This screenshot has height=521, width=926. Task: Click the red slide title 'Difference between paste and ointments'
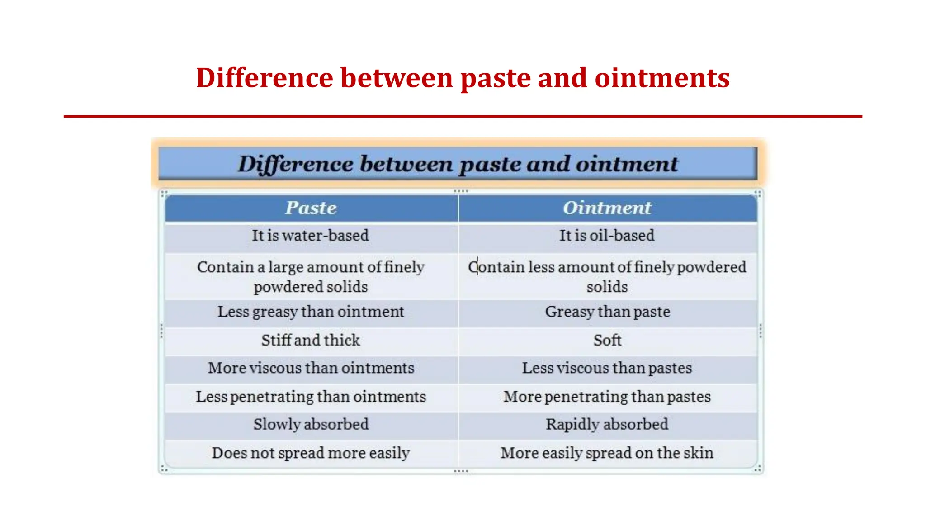click(463, 78)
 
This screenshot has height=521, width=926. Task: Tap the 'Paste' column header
click(311, 208)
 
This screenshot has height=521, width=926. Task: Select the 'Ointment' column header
click(607, 208)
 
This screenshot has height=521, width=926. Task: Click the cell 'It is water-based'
click(311, 236)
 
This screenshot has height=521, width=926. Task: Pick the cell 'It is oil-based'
click(607, 236)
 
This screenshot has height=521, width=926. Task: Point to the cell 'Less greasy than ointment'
click(311, 312)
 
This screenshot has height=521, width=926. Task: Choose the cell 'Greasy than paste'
click(607, 312)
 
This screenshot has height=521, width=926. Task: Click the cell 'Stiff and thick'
click(311, 340)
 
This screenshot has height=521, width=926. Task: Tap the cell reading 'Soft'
click(607, 340)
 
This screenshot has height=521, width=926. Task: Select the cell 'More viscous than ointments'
click(311, 368)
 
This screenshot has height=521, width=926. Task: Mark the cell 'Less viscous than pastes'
click(607, 368)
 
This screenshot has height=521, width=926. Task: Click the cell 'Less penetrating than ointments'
click(311, 397)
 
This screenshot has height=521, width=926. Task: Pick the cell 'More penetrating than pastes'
click(607, 397)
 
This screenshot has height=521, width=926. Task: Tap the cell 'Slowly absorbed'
click(311, 424)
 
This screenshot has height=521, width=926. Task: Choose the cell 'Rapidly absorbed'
click(607, 424)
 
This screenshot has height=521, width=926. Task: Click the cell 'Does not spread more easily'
click(311, 453)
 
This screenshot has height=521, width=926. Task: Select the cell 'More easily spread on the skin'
click(607, 453)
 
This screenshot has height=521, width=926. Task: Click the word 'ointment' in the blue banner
click(627, 164)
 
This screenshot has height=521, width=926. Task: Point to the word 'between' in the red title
click(397, 78)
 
